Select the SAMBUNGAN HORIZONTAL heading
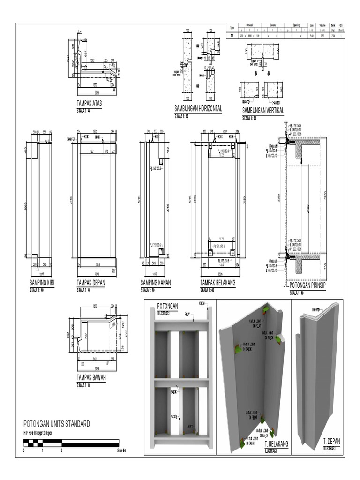[198, 109]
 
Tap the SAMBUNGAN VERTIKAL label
[262, 111]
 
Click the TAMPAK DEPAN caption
[91, 283]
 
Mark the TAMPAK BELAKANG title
[218, 283]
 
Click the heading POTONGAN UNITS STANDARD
[56, 424]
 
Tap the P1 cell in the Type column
[231, 35]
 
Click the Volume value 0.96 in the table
[322, 35]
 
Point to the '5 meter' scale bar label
[121, 450]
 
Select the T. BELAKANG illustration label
[276, 443]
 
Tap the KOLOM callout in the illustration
[202, 303]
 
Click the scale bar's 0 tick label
[24, 450]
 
